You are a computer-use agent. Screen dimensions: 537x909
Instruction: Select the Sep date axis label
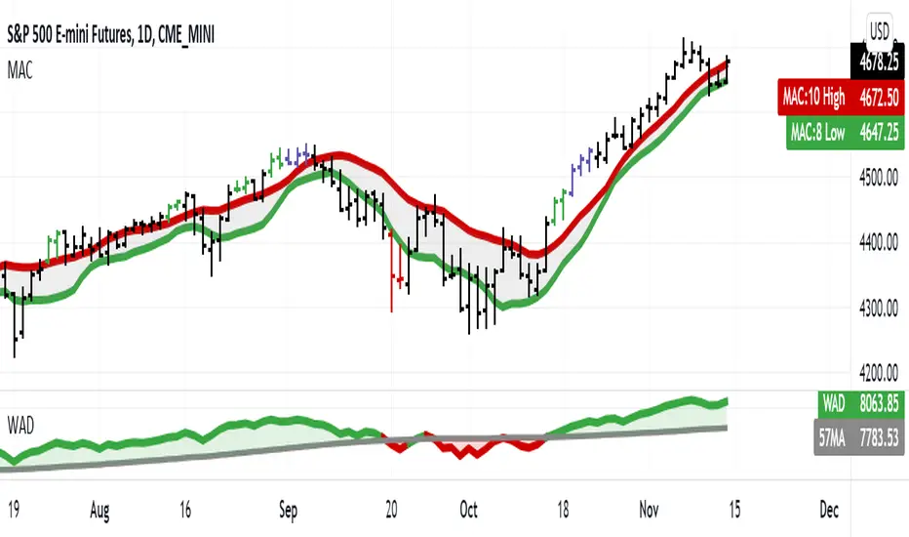(x=288, y=508)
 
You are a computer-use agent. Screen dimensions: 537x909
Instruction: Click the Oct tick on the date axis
(x=469, y=508)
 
